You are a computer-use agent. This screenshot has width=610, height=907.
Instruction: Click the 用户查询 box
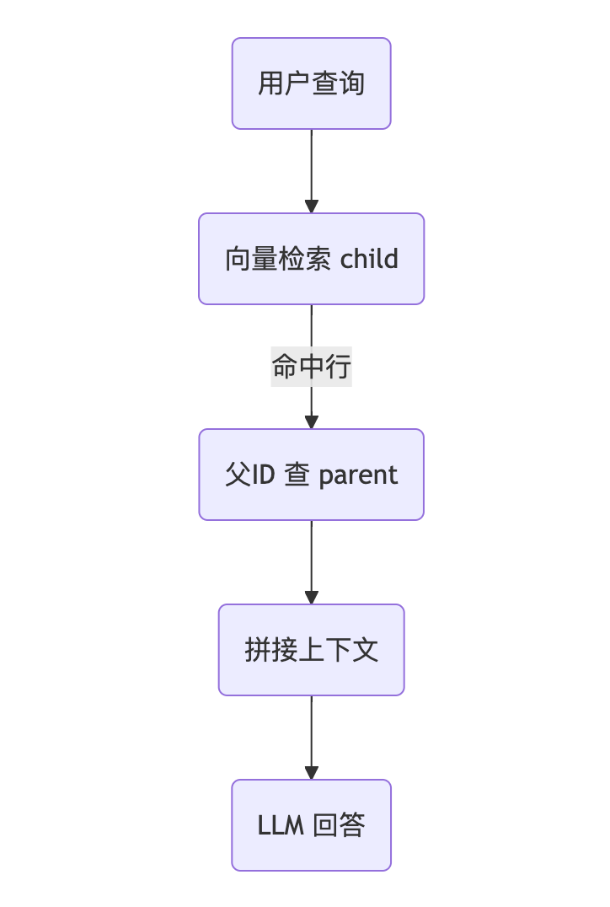click(x=311, y=83)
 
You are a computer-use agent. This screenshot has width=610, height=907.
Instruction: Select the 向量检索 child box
click(x=311, y=259)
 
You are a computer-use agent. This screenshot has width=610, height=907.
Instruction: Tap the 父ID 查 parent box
click(x=311, y=475)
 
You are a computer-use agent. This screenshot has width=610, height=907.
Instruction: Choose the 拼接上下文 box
click(x=311, y=650)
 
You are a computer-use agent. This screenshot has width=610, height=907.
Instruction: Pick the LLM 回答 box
click(x=311, y=825)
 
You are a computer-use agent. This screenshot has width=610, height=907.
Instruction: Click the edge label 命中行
click(x=311, y=367)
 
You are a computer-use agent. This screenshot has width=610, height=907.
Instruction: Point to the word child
click(x=369, y=259)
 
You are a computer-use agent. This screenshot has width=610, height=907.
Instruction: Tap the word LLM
click(x=281, y=826)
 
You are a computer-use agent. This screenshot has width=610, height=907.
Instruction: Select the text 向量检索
click(x=279, y=259)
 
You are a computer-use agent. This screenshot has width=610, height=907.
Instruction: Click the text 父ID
click(x=249, y=475)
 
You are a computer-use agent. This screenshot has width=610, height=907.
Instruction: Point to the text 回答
click(x=339, y=825)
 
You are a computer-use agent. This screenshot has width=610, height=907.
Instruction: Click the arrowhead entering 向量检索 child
click(x=312, y=207)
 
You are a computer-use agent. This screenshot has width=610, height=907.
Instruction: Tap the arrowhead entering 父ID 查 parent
click(x=312, y=422)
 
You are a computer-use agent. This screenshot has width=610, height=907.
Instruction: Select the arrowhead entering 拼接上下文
click(x=312, y=598)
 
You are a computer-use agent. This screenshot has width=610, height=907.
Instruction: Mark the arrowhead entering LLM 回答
click(x=312, y=773)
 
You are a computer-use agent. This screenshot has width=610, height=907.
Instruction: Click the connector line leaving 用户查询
click(x=312, y=164)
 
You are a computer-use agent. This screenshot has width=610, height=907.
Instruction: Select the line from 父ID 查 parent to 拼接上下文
click(x=312, y=556)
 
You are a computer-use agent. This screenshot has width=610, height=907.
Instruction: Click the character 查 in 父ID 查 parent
click(x=297, y=475)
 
